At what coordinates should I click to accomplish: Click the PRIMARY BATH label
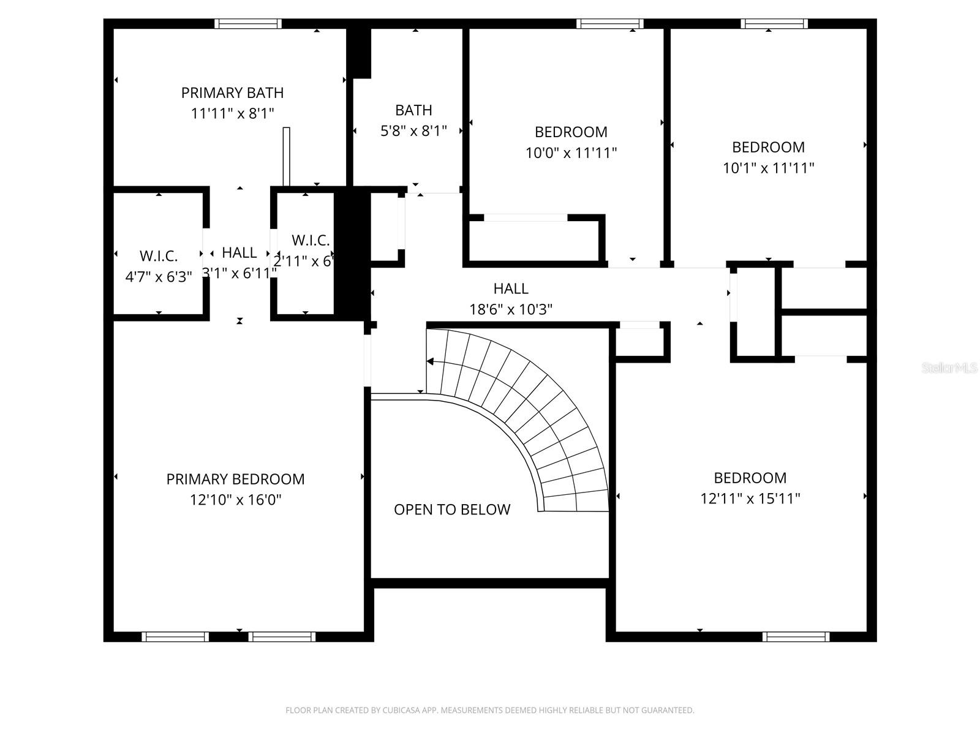232,93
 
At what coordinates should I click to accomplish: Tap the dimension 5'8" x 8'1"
413,131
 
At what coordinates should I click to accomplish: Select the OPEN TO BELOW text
451,510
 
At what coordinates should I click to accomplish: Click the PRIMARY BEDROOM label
235,479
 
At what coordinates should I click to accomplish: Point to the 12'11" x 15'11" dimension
750,499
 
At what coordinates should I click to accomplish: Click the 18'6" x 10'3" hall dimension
511,309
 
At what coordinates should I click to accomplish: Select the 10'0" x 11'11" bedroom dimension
571,153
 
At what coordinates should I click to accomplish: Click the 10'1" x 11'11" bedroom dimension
768,168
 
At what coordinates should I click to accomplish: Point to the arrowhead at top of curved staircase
430,361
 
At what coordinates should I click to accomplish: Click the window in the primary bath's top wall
248,24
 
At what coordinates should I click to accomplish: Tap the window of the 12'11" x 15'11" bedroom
796,637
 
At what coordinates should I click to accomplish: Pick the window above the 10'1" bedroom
774,24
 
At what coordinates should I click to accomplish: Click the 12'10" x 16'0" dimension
235,500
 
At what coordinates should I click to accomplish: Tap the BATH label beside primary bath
413,110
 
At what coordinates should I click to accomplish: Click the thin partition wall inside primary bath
286,156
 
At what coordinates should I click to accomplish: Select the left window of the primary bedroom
175,637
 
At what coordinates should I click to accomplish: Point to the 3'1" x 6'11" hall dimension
239,273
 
